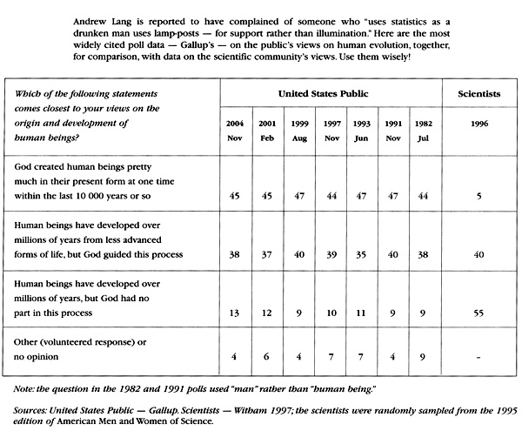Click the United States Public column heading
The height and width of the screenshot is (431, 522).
coord(329,91)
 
